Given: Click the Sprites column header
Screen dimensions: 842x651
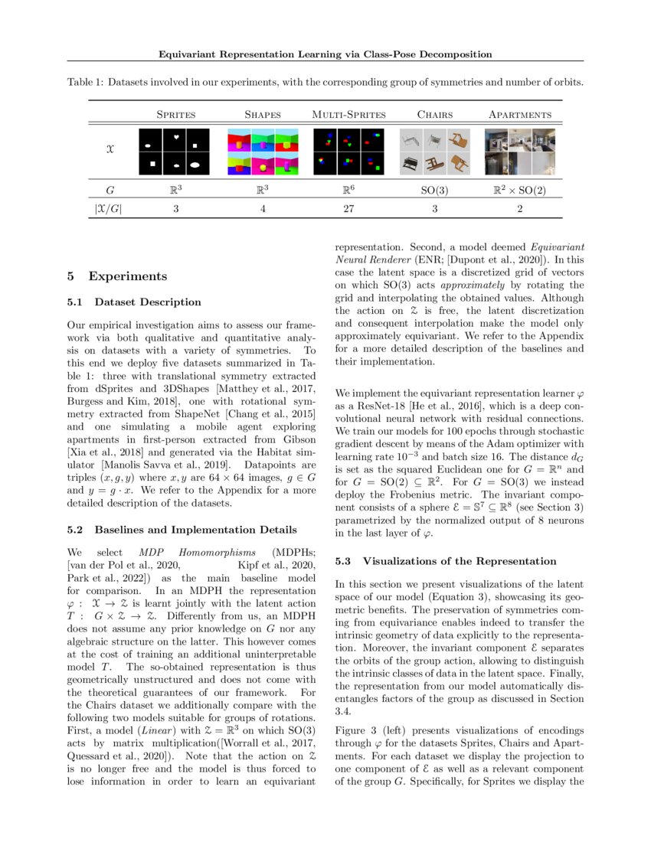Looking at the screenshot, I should [x=176, y=115].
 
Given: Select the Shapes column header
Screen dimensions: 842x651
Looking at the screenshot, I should [x=263, y=115].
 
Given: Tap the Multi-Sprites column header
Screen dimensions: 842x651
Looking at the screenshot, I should [x=348, y=115].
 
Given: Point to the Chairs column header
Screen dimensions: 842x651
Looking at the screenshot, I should [x=434, y=115].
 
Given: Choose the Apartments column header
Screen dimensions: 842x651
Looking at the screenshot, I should [x=520, y=115].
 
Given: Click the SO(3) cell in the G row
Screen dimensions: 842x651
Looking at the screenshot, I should [x=434, y=187].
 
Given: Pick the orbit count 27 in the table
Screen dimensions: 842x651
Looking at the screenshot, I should [x=348, y=207].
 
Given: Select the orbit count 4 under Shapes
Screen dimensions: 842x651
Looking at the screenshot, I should [x=263, y=207].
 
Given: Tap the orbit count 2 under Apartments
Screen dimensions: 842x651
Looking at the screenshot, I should [x=520, y=207].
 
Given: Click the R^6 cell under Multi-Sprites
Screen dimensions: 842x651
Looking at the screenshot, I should [x=348, y=187].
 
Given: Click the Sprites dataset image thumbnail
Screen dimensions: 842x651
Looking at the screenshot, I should [x=176, y=151].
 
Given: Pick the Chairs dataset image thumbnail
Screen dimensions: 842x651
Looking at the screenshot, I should [x=434, y=151].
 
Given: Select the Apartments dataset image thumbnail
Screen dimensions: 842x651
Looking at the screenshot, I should [x=520, y=151].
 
